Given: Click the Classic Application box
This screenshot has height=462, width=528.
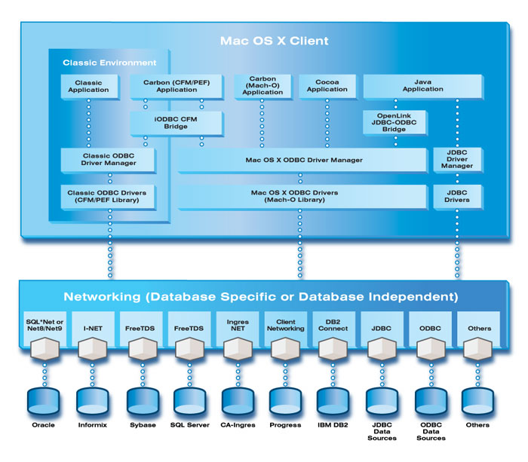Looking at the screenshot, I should coord(89,86).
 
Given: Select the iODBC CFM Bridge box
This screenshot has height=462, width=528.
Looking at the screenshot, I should coord(177,122).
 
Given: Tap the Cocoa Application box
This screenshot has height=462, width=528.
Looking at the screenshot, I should coord(327,86).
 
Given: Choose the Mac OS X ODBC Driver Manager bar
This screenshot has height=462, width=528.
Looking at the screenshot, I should coord(303,160).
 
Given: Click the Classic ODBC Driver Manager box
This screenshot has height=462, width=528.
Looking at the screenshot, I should coord(108,160).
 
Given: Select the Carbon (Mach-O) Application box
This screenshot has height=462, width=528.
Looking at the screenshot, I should coord(262,86).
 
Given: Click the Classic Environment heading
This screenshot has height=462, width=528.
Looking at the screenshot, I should coord(109,63).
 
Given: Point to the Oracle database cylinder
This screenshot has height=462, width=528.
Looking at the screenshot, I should coord(44,400).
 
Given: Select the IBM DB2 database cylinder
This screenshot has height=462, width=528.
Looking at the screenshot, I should coord(331,400).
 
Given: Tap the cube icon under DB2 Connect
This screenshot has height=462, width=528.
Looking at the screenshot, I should coord(332,349).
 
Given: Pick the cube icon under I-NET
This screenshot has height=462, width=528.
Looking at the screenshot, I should coord(93,349).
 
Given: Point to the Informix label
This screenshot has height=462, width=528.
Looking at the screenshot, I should coord(91,425).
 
